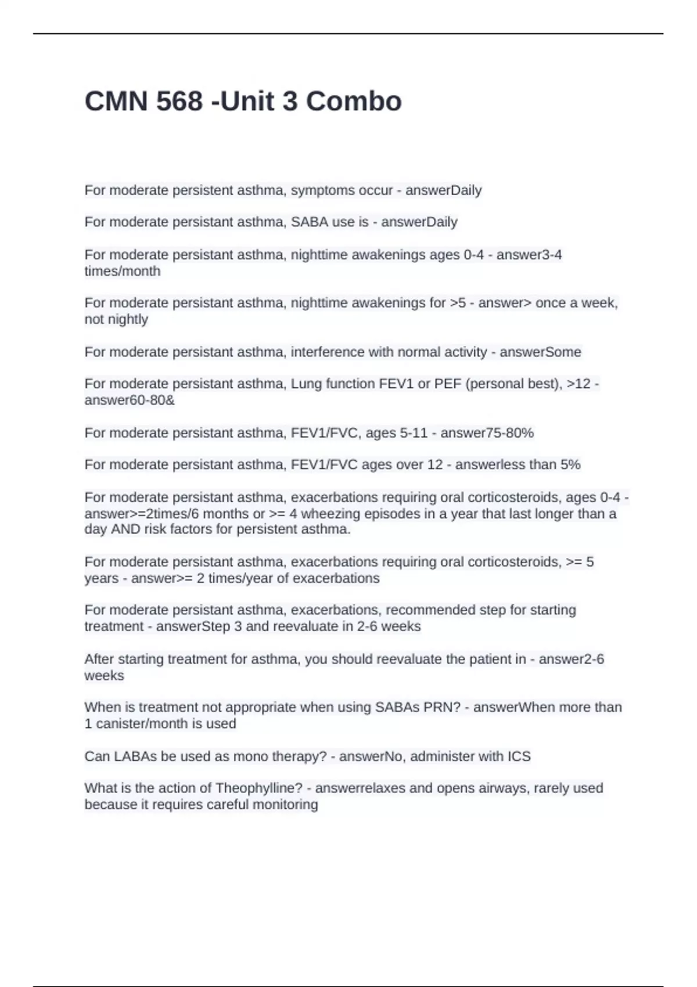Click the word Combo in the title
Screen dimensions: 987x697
[354, 101]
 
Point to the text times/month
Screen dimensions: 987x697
[123, 271]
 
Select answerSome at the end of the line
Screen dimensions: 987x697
[540, 352]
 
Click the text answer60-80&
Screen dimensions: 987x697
[130, 400]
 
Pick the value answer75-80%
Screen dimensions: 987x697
[487, 433]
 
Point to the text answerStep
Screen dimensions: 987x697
[193, 626]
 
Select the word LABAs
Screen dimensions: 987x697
[132, 757]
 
